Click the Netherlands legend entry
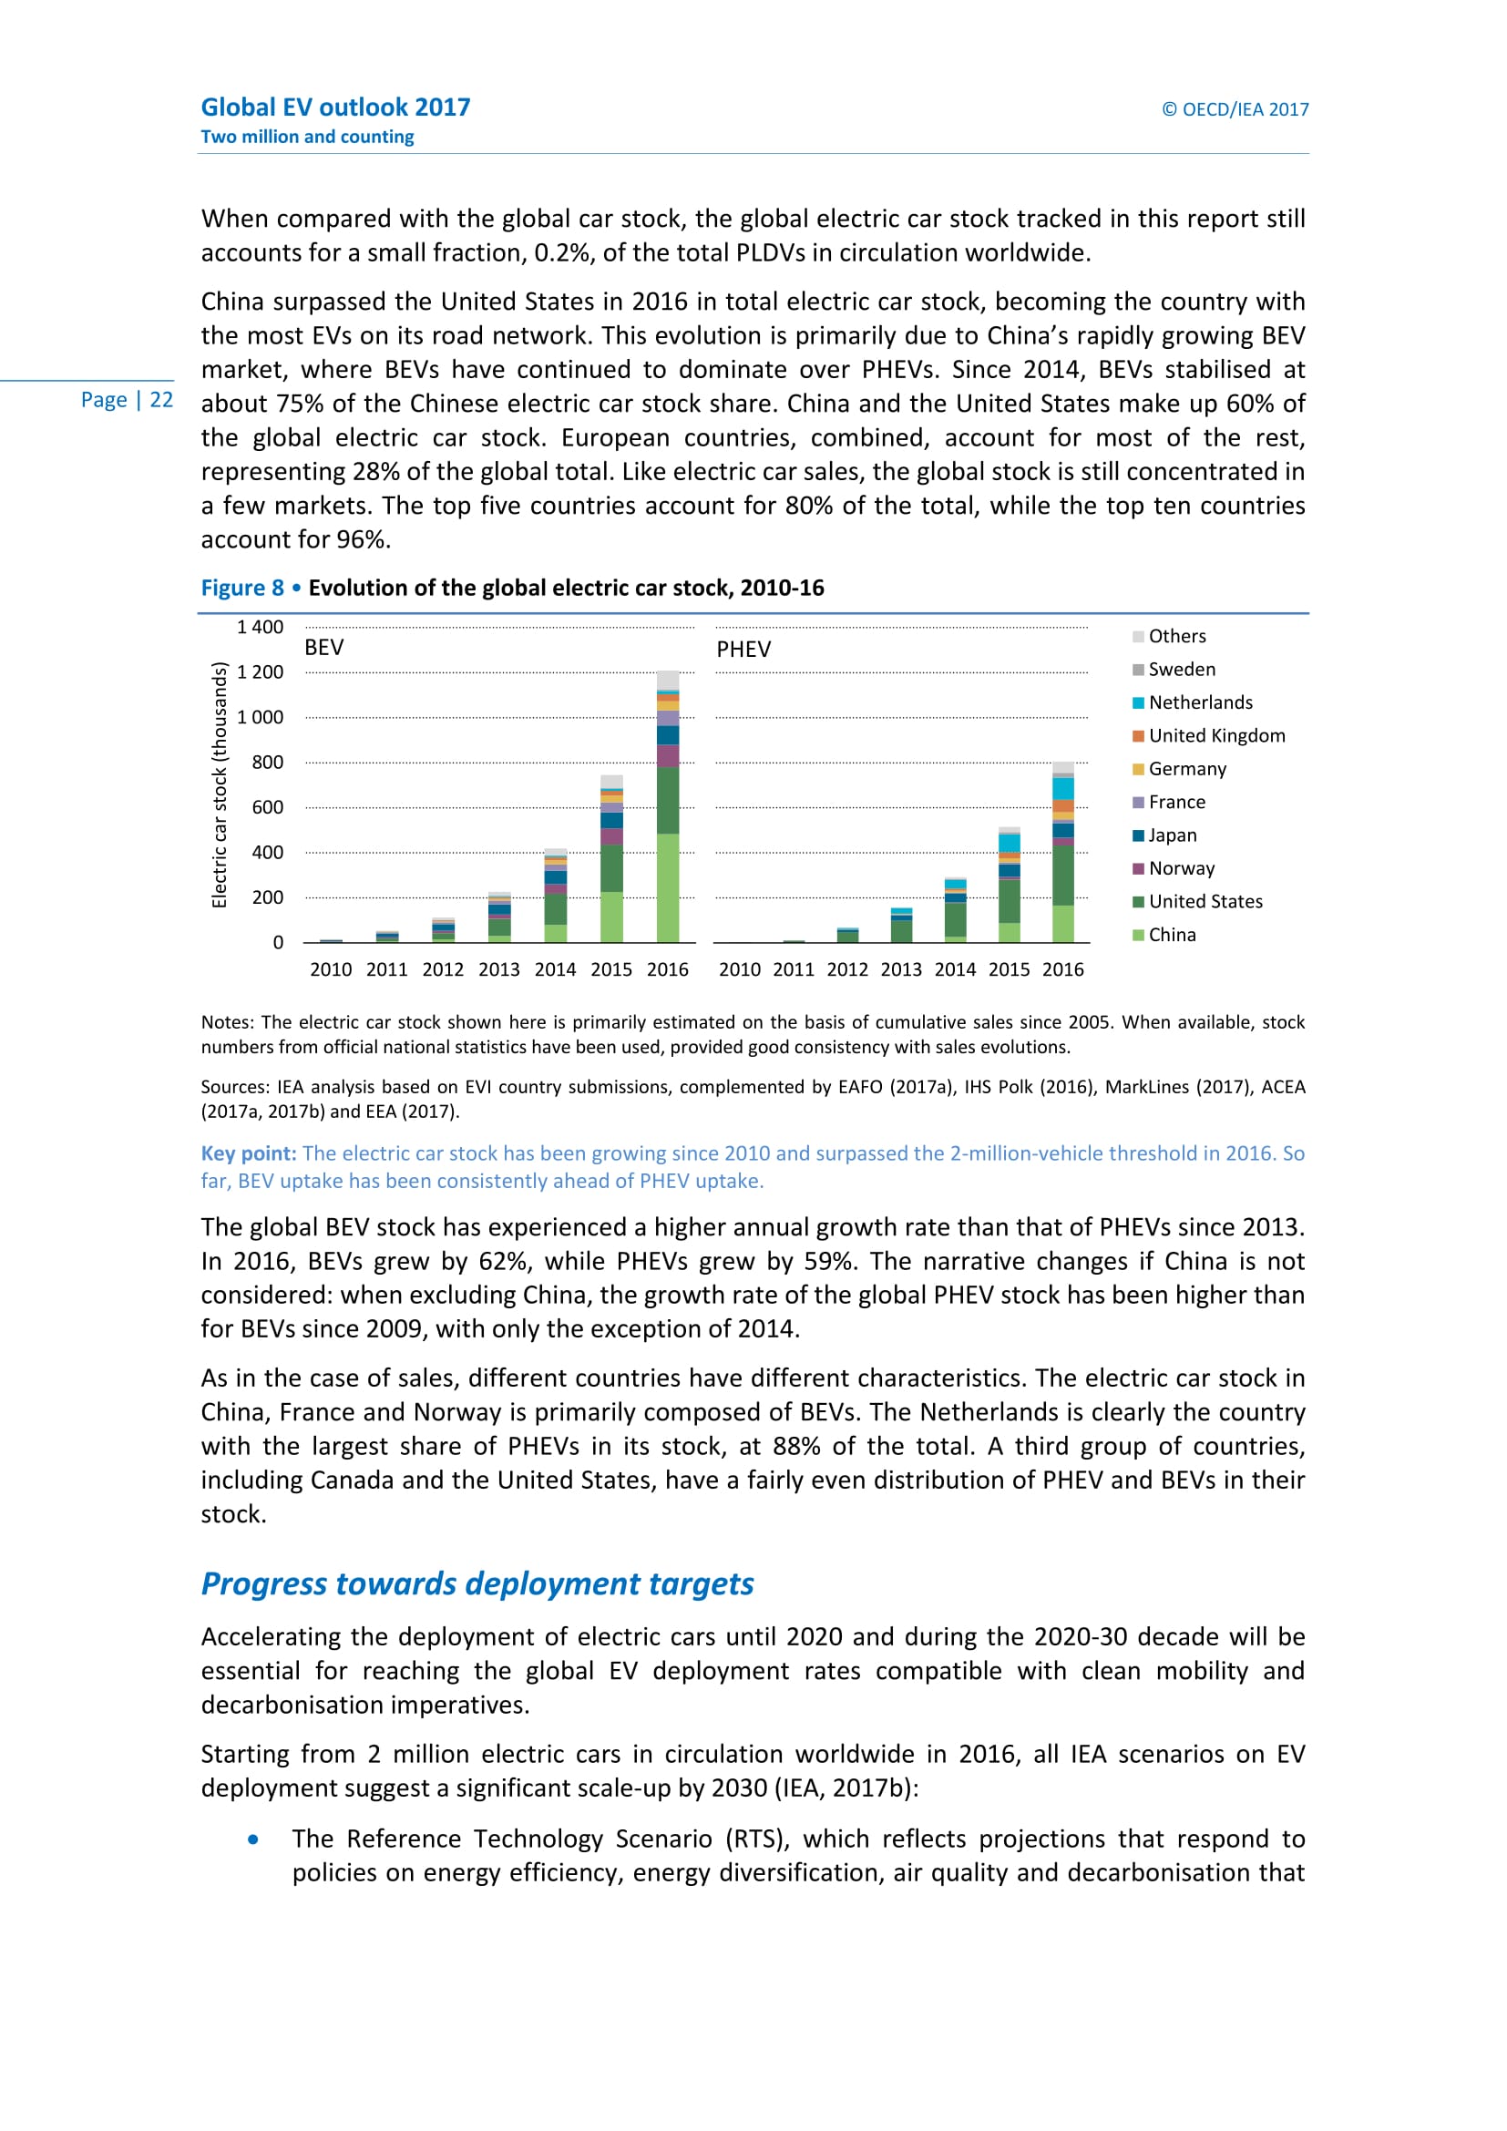[1200, 702]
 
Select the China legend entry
[1171, 935]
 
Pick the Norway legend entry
[1180, 869]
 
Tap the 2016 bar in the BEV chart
[667, 807]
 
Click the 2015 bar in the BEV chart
[611, 859]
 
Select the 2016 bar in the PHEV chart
[1063, 853]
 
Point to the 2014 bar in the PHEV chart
[955, 910]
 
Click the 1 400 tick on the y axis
[260, 628]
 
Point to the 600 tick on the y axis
[267, 807]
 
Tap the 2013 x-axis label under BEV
[499, 970]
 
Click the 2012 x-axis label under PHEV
[847, 970]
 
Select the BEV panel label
[323, 648]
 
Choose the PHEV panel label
[743, 650]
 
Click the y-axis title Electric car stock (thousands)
[220, 785]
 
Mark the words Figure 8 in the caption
[242, 589]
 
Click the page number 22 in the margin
[161, 400]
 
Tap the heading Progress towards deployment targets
[477, 1583]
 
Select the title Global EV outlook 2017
[335, 108]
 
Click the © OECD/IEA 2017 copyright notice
[1235, 109]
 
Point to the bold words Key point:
[249, 1153]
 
